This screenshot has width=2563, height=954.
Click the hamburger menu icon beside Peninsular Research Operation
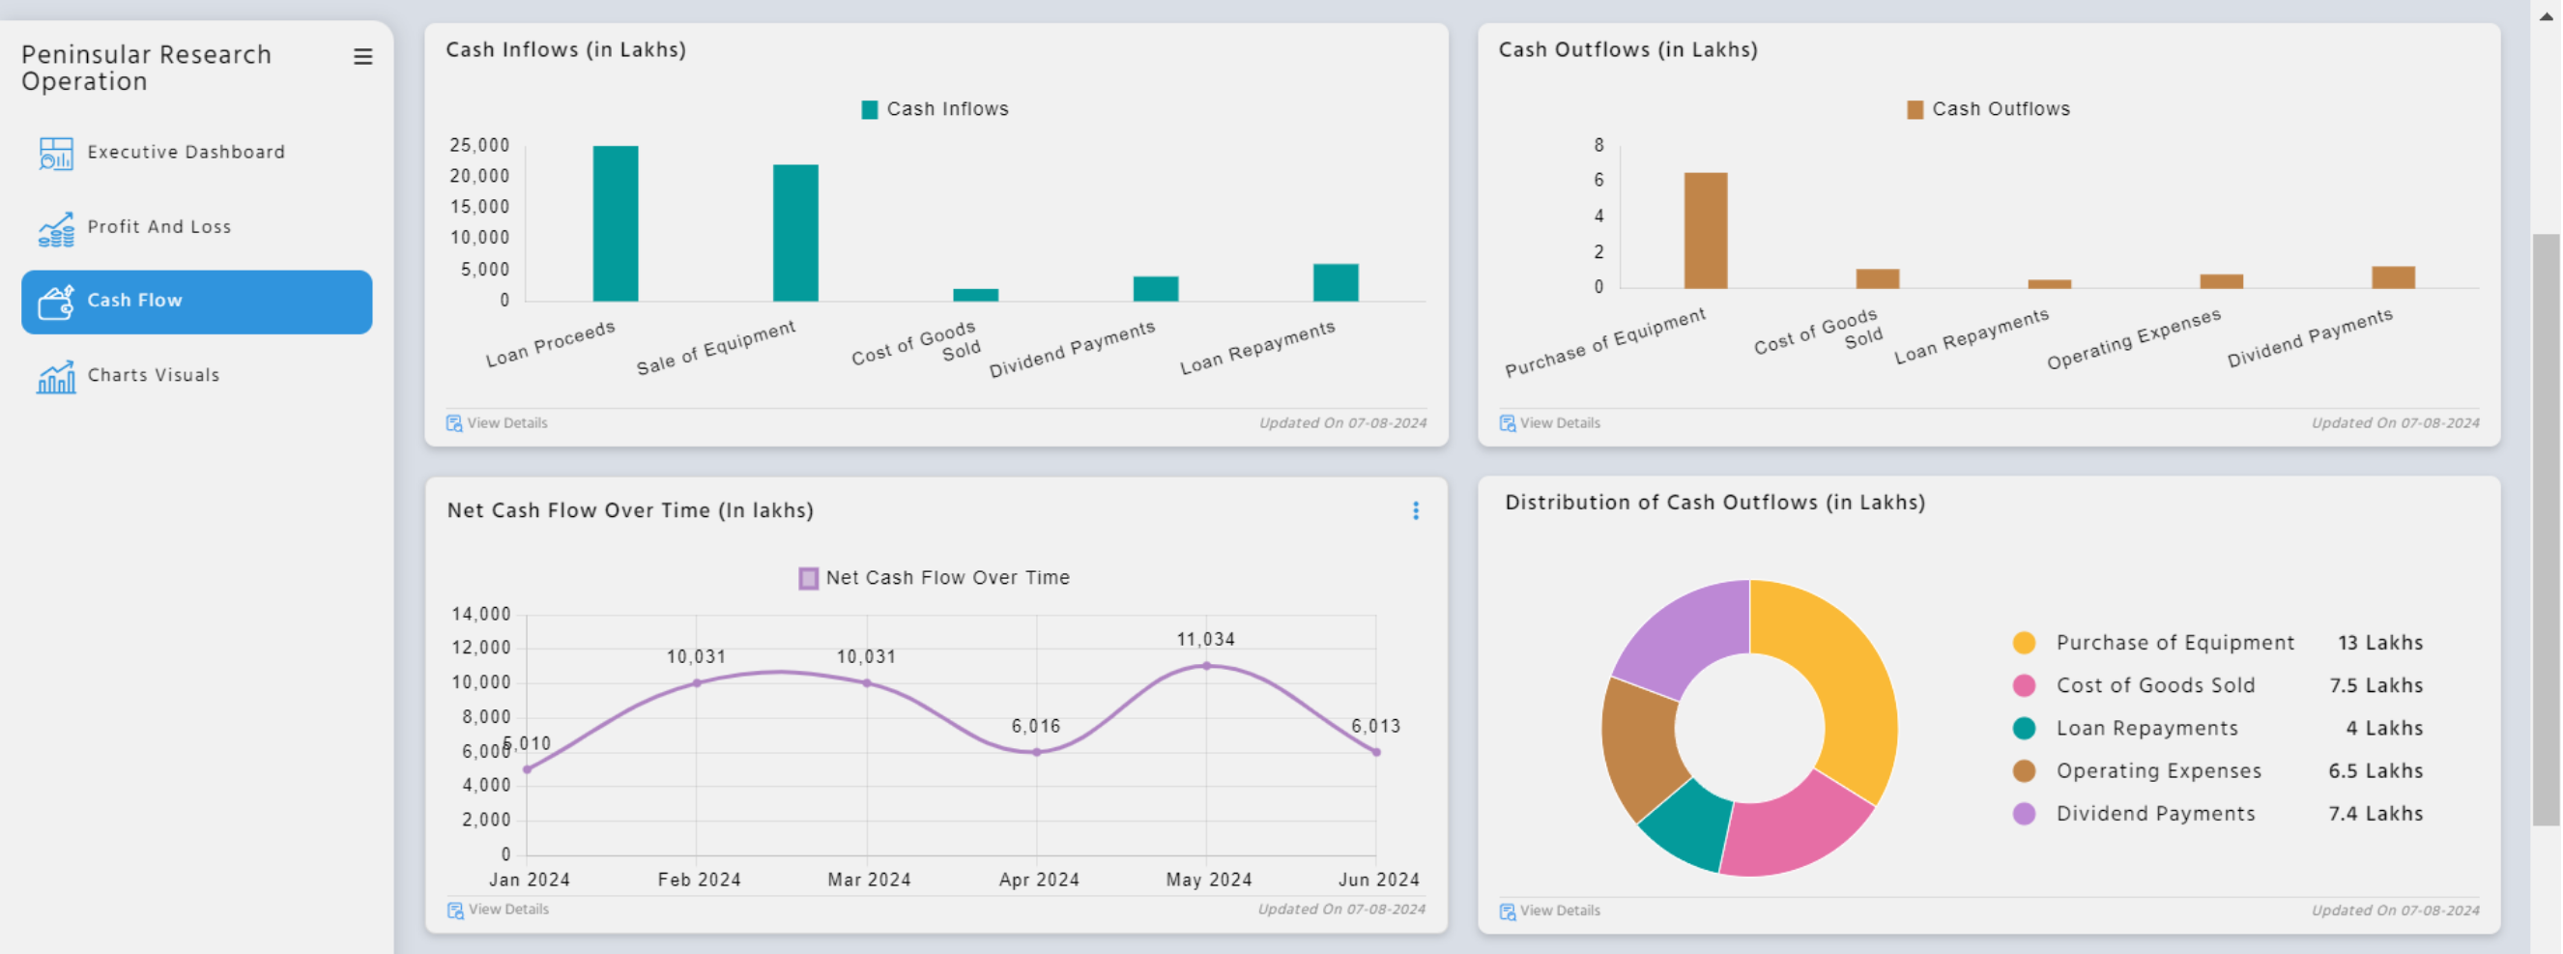363,58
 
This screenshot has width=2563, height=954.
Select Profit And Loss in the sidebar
158,227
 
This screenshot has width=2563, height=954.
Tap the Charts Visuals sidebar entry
153,375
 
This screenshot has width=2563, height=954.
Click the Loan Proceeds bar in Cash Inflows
615,224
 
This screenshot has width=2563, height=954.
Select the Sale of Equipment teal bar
795,233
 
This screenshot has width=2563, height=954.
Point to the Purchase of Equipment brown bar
1705,231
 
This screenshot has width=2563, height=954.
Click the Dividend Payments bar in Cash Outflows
2392,277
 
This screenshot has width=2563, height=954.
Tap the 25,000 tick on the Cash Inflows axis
478,145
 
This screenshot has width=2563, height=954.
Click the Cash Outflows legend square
1914,109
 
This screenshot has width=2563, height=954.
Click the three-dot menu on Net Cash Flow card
1415,511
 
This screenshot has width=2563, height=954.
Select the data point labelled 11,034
1206,666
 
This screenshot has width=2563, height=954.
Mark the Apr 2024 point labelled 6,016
1036,752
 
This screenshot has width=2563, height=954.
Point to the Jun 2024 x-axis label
1378,880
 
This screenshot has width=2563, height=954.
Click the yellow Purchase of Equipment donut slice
1841,677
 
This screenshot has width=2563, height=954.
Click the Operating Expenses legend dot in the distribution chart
2023,771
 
